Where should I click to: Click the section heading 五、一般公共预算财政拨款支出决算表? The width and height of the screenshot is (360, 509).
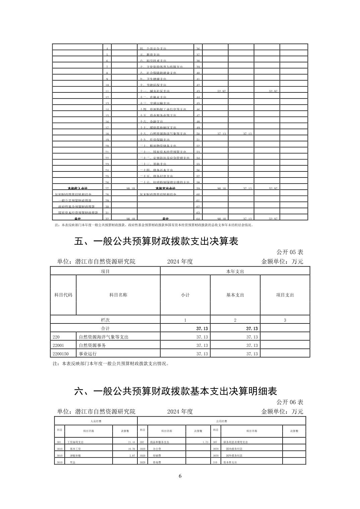point(156,241)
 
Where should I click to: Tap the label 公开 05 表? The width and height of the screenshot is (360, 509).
point(290,252)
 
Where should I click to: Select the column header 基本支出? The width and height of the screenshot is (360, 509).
point(235,295)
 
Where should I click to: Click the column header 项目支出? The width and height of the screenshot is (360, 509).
point(285,295)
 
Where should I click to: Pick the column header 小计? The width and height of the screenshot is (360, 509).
point(185,295)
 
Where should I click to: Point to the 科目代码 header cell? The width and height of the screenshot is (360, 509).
point(63,295)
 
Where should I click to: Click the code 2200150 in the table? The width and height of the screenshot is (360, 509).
point(60,354)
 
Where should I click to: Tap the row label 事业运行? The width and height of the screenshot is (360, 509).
point(87,354)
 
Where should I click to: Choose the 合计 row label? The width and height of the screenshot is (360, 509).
point(105,329)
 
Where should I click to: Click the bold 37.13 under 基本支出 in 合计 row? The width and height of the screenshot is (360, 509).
point(252,329)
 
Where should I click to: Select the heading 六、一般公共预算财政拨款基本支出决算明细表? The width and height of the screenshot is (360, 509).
point(175,391)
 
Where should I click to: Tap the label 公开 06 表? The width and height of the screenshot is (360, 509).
point(290,402)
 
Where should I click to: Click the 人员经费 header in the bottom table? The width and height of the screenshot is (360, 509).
point(96,421)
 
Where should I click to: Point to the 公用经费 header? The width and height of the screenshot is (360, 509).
point(222,421)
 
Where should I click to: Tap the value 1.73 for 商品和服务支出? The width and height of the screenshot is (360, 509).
point(205,442)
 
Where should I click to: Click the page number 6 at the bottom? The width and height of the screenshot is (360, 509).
point(180,476)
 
